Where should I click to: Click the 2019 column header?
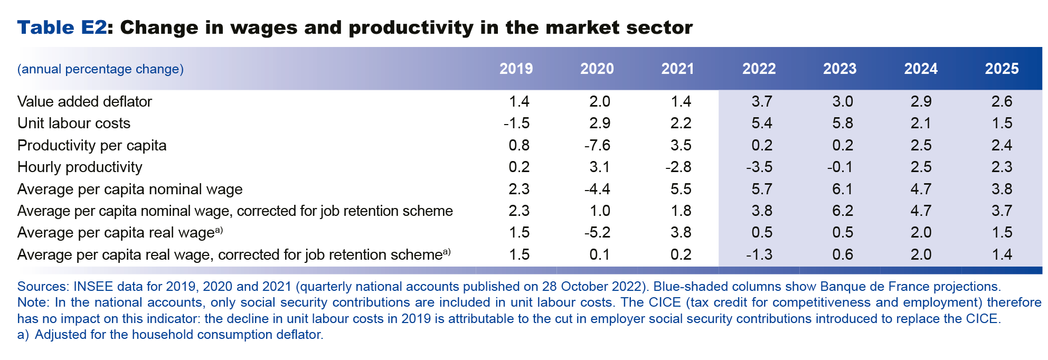click(516, 69)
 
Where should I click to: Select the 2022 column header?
click(759, 69)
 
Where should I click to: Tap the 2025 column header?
click(1002, 69)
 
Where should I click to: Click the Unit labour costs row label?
click(74, 123)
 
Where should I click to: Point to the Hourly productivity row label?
click(80, 167)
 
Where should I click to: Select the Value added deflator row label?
click(84, 101)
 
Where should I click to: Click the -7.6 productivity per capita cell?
click(597, 145)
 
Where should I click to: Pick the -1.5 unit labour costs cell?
click(516, 123)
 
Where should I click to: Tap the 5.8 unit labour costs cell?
click(842, 123)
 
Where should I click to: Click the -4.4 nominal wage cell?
click(597, 189)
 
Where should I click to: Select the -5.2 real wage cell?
click(597, 232)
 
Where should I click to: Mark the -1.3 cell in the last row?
click(759, 254)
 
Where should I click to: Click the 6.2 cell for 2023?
click(842, 211)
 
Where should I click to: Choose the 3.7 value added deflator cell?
click(761, 101)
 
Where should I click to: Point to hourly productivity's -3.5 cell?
click(759, 167)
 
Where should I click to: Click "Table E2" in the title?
click(62, 27)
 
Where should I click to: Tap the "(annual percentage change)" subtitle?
click(100, 69)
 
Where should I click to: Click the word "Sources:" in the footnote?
click(43, 287)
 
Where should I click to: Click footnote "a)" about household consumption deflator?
click(23, 335)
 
